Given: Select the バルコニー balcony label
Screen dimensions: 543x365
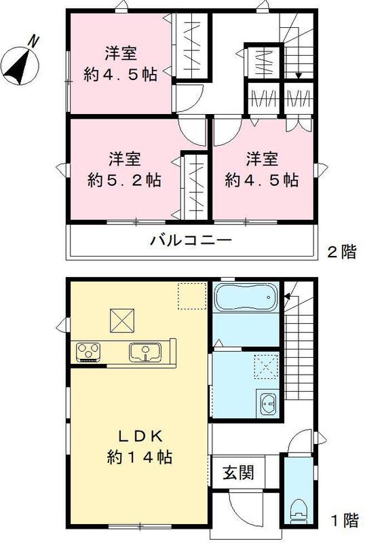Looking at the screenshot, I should pyautogui.click(x=191, y=240).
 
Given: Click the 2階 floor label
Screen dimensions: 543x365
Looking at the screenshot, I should pyautogui.click(x=342, y=252).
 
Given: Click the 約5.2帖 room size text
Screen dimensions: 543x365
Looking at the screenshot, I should pyautogui.click(x=123, y=181).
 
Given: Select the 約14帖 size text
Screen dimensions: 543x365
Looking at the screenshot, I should pyautogui.click(x=138, y=457).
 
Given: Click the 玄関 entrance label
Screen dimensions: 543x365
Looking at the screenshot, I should pyautogui.click(x=237, y=472).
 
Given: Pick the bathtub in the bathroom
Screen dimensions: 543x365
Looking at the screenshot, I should pyautogui.click(x=245, y=297).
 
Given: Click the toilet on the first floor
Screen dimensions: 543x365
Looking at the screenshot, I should pyautogui.click(x=296, y=509).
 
